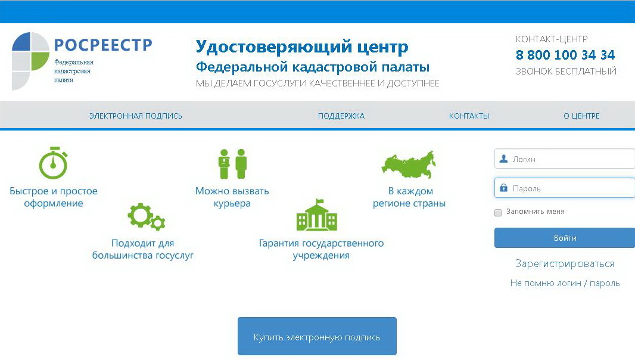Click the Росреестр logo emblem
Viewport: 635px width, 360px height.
pyautogui.click(x=30, y=61)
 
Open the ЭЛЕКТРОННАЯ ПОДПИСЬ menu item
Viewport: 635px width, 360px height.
pyautogui.click(x=136, y=116)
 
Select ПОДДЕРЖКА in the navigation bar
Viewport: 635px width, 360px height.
pyautogui.click(x=341, y=116)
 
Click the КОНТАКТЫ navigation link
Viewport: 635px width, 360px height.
pyautogui.click(x=469, y=116)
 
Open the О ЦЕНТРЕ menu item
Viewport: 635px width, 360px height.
pyautogui.click(x=581, y=116)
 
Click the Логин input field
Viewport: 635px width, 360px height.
pyautogui.click(x=565, y=159)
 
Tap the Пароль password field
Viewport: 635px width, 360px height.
pyautogui.click(x=565, y=188)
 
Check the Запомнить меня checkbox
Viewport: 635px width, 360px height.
pyautogui.click(x=498, y=212)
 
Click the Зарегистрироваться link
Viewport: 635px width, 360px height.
pyautogui.click(x=565, y=264)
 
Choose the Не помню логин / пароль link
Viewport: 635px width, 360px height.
pyautogui.click(x=565, y=283)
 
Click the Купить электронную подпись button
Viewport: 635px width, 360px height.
pyautogui.click(x=317, y=336)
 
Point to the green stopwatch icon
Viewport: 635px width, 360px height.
pyautogui.click(x=53, y=163)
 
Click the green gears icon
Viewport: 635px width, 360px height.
pyautogui.click(x=146, y=216)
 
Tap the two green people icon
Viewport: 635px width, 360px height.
pyautogui.click(x=232, y=164)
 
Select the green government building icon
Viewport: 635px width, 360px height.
pyautogui.click(x=317, y=215)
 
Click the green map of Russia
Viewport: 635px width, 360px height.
pyautogui.click(x=409, y=165)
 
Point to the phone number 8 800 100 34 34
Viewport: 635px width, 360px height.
pyautogui.click(x=565, y=55)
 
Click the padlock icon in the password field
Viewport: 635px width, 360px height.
pyautogui.click(x=503, y=188)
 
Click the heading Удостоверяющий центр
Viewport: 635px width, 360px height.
pyautogui.click(x=301, y=47)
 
